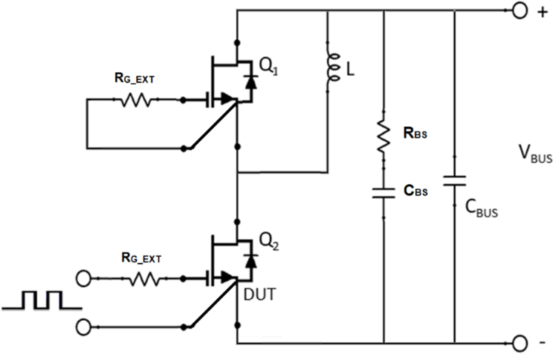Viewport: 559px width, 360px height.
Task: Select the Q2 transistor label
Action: pyautogui.click(x=268, y=242)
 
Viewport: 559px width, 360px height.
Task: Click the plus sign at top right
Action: pyautogui.click(x=542, y=12)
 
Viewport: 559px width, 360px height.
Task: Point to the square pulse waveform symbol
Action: pyautogui.click(x=41, y=300)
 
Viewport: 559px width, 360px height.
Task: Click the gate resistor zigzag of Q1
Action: pyautogui.click(x=136, y=100)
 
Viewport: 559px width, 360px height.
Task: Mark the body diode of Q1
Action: pyautogui.click(x=250, y=81)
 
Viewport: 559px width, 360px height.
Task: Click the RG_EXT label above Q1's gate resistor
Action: pyautogui.click(x=135, y=79)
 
